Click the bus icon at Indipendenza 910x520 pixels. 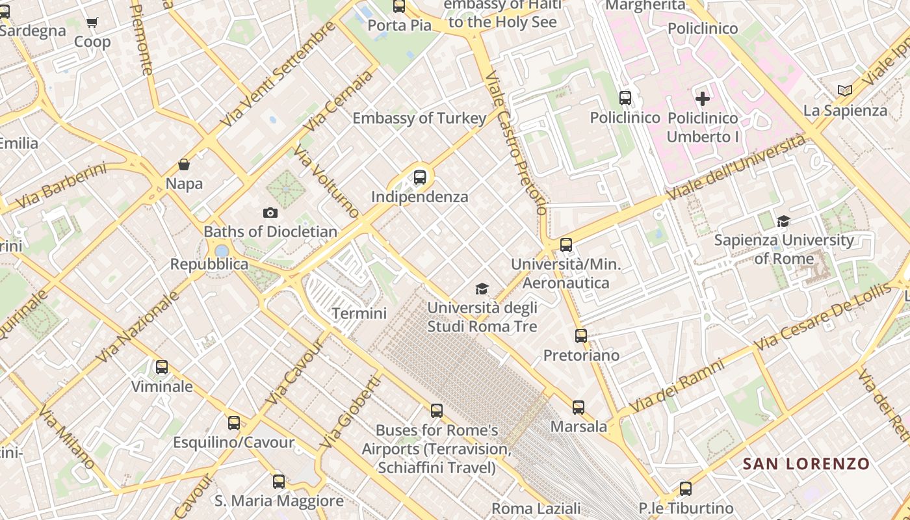click(420, 177)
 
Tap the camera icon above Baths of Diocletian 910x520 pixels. click(270, 213)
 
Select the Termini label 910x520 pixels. click(359, 313)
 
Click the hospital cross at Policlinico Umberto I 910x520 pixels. click(703, 99)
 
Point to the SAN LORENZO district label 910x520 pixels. click(806, 464)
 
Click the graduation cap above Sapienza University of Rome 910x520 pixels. click(783, 222)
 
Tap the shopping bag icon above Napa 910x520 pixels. click(184, 164)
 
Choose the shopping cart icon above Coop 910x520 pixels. click(92, 23)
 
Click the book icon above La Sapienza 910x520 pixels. click(845, 91)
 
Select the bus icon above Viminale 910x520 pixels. click(162, 367)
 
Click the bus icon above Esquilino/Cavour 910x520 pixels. click(234, 423)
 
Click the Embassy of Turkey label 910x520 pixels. click(419, 118)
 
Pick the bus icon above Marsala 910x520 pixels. click(578, 408)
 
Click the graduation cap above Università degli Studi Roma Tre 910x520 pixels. click(482, 289)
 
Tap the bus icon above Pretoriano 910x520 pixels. click(581, 336)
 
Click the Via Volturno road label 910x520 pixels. click(326, 181)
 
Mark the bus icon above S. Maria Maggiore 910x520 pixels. click(279, 482)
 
